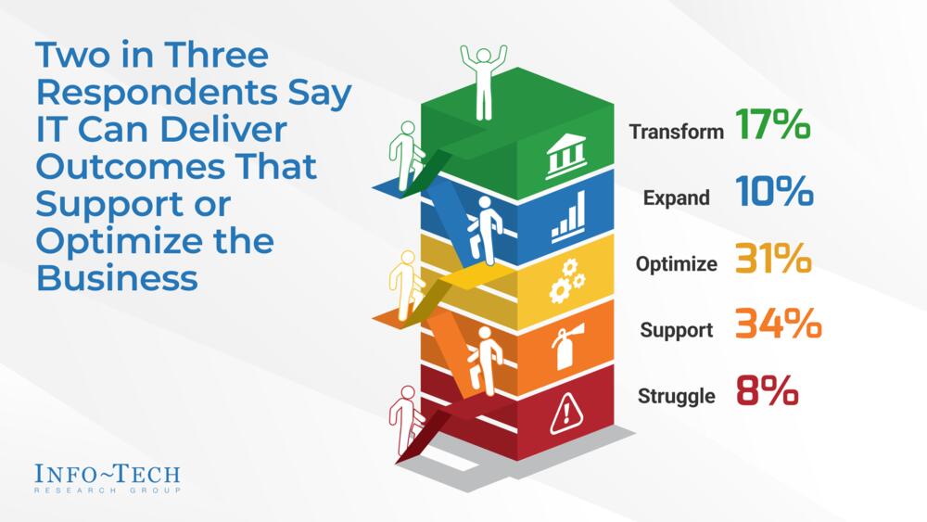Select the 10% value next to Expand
[776, 194]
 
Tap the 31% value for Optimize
[774, 261]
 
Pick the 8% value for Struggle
[768, 393]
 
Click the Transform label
[677, 132]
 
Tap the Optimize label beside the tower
[677, 264]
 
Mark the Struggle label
[677, 397]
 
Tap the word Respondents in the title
[130, 94]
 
